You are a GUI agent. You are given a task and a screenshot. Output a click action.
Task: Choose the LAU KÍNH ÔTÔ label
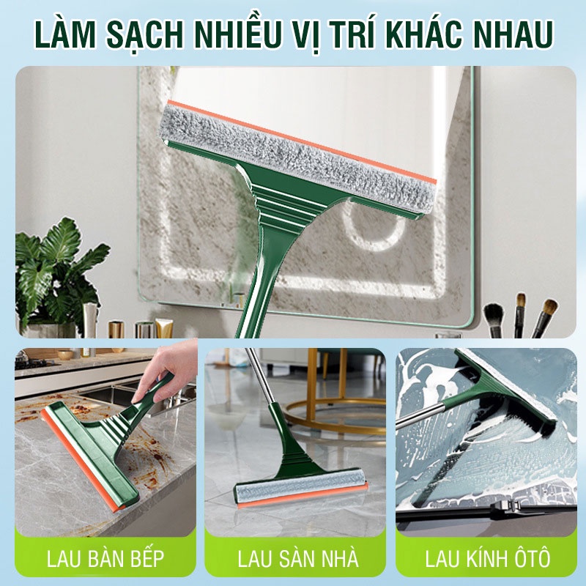click(x=486, y=559)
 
